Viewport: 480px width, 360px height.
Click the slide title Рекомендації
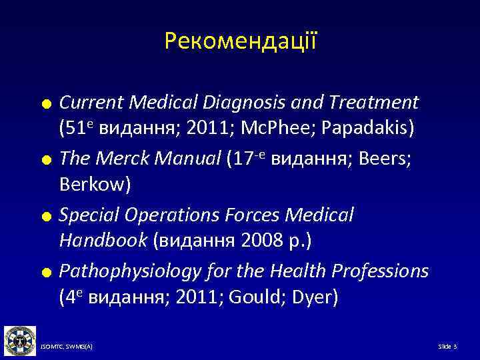click(240, 42)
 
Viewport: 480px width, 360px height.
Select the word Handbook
click(103, 239)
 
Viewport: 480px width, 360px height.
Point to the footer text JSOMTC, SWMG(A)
click(66, 347)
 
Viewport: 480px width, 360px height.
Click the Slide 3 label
click(447, 347)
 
